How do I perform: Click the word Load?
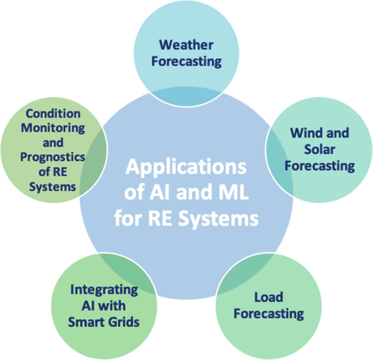268,297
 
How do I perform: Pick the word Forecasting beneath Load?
268,314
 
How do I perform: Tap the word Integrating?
103,289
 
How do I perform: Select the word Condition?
53,114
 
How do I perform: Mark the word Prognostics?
53,157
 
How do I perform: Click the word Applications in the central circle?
186,166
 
